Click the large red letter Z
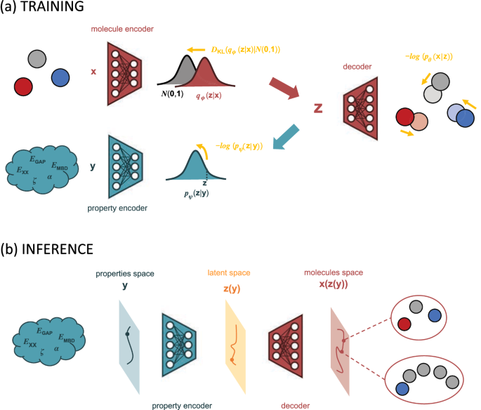[319, 109]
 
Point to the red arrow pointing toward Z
[284, 89]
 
